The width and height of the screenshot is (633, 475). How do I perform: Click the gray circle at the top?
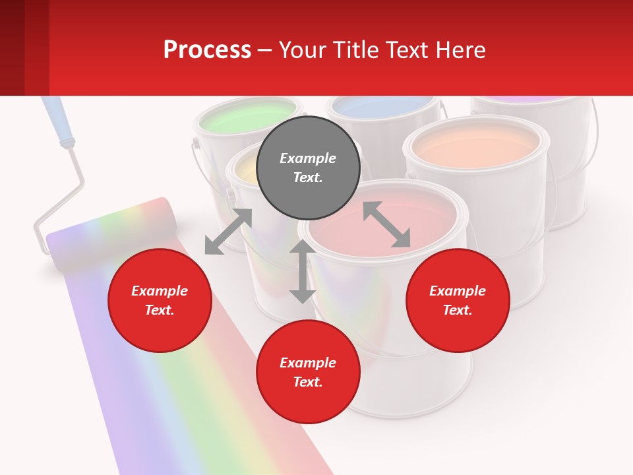(308, 168)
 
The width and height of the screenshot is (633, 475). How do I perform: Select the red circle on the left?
(160, 301)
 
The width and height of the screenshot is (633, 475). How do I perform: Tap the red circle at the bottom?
(308, 372)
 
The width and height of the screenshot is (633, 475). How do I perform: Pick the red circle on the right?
(457, 301)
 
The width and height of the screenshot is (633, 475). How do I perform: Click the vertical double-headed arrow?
(302, 271)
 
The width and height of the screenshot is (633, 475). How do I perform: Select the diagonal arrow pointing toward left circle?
(228, 232)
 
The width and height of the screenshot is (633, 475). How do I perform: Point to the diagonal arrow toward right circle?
(386, 224)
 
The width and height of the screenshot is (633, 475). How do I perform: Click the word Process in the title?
(207, 49)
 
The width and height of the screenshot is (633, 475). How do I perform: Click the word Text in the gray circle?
(308, 177)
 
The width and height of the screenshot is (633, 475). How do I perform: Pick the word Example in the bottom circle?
(308, 362)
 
